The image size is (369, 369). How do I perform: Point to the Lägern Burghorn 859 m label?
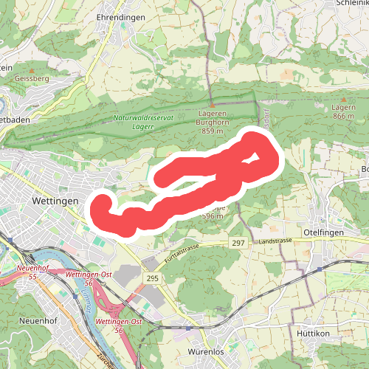212,122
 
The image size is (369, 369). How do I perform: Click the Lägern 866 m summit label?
344,111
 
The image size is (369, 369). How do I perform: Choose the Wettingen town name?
55,200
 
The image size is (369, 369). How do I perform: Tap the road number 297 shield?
238,243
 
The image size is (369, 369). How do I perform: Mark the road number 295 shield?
153,277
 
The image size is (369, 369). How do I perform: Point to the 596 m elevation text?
213,216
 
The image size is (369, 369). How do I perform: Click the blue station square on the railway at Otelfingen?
319,269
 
